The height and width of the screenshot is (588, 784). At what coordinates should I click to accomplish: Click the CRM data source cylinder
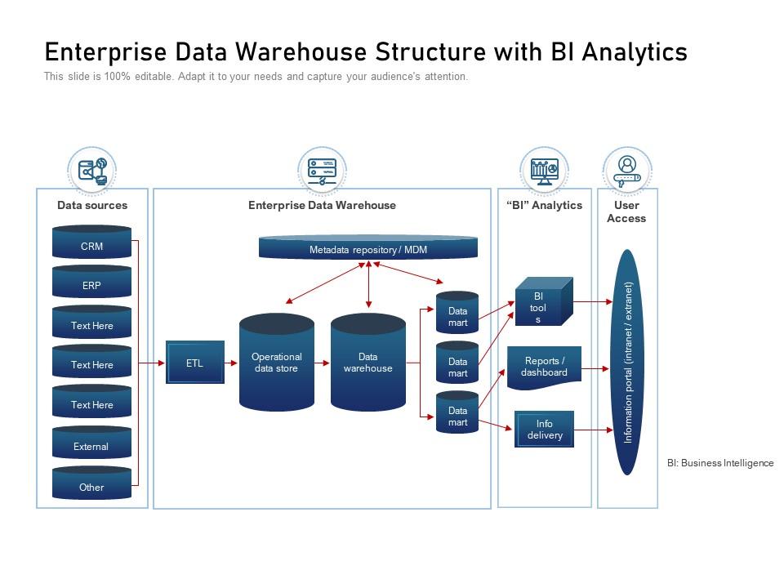coord(91,245)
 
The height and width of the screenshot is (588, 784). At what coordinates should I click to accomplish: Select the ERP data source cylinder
coord(91,285)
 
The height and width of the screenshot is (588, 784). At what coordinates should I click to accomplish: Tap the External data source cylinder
coord(91,446)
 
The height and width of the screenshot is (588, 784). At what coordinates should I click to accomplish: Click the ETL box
coord(194,363)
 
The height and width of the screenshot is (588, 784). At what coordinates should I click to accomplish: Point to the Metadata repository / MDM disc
coord(367,248)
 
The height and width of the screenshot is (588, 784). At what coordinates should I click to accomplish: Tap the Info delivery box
coord(545,430)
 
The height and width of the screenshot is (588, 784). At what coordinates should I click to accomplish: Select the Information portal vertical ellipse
coord(627,362)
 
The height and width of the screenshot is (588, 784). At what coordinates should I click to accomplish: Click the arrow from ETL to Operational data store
coord(231,363)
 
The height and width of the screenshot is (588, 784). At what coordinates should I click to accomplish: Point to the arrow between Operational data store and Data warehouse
coord(323,363)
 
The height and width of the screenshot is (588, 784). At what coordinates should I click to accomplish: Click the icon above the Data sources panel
coord(92,171)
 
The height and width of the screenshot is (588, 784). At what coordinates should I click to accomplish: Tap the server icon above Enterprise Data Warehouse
coord(322,171)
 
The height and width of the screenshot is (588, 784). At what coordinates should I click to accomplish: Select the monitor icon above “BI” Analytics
coord(544,171)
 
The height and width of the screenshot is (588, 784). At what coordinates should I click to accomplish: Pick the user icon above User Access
coord(627,171)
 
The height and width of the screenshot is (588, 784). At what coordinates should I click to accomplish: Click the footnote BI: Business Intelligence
coord(719,463)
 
